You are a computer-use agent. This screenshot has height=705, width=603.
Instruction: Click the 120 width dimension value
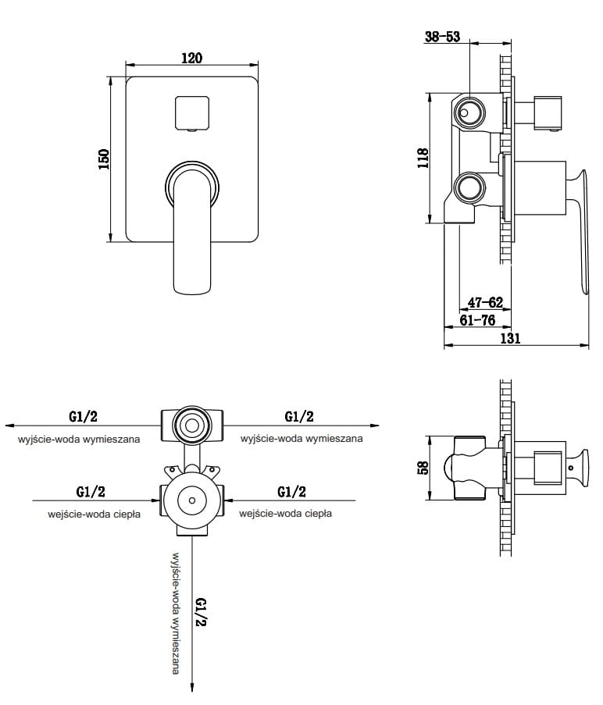coord(192,58)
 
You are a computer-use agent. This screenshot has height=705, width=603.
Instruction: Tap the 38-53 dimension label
coord(442,37)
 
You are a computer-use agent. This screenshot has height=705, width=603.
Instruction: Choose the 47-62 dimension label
coord(484,302)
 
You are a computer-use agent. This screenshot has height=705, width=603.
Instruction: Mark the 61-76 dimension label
coord(476,320)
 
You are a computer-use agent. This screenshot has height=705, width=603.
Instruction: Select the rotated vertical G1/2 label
coord(201,614)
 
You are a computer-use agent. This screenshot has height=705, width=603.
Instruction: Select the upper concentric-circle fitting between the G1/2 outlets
coord(191,425)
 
